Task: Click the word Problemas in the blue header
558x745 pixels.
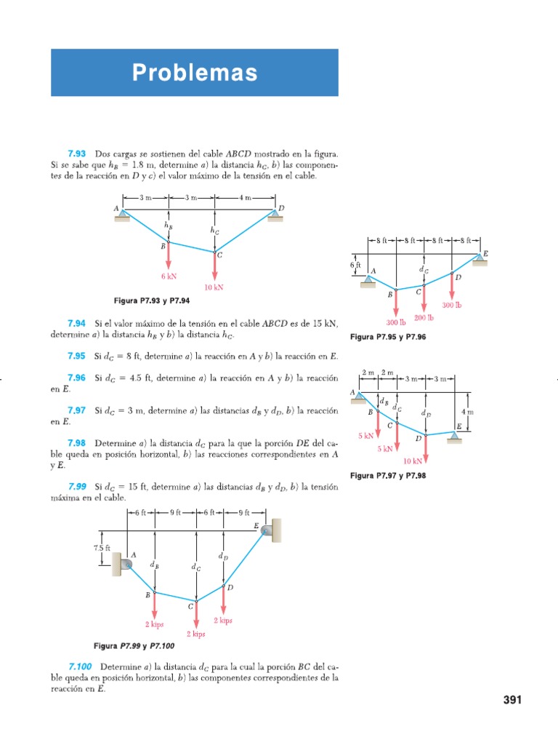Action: coord(195,73)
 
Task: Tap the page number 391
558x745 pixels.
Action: coord(512,700)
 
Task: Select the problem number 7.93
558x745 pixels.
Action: coord(77,154)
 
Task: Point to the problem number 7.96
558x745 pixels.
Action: coord(77,378)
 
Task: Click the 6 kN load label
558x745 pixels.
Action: coord(169,276)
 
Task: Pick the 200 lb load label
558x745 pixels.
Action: coord(424,318)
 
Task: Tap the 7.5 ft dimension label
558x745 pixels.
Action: coord(102,547)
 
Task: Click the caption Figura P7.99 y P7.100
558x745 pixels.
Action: coord(134,646)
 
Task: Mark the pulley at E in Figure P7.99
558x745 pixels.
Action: coord(268,532)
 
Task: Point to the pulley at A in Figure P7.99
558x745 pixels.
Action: coord(127,564)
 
